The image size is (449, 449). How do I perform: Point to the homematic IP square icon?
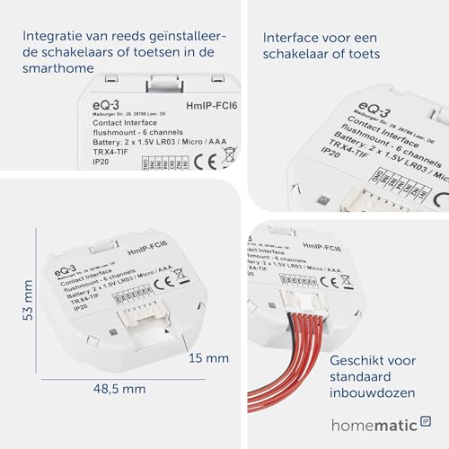tap(426, 418)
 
